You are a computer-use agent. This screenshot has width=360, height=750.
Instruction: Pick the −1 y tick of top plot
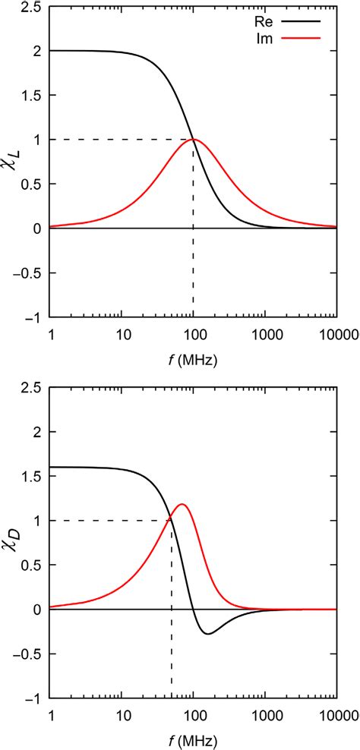[30, 317]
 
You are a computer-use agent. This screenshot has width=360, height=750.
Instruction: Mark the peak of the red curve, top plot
[194, 140]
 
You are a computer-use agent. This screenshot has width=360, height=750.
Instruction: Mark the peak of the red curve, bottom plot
[182, 504]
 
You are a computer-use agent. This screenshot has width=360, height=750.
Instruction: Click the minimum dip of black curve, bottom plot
[207, 633]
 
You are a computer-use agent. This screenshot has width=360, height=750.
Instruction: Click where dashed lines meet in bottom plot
[172, 520]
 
